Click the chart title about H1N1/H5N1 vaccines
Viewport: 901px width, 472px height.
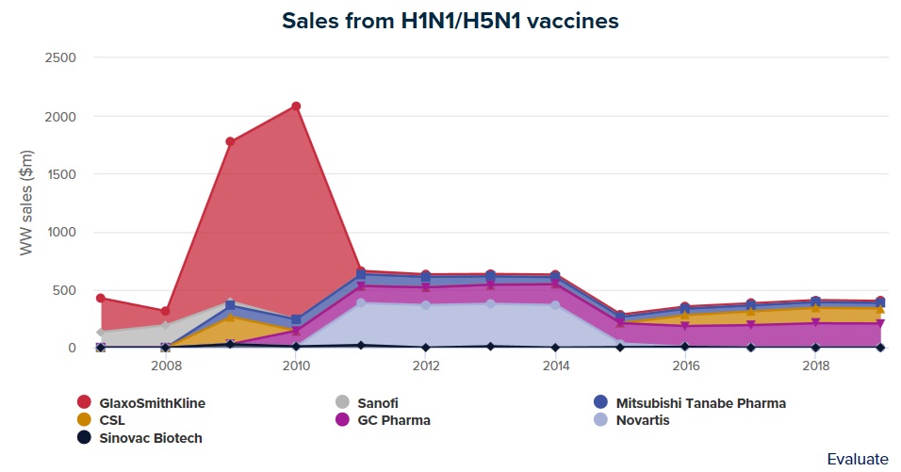click(x=450, y=20)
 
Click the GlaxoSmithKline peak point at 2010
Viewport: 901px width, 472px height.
click(x=296, y=106)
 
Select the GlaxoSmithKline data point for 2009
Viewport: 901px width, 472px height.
click(x=230, y=142)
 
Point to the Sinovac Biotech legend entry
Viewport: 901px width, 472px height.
click(x=151, y=437)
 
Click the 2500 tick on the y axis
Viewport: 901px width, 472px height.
click(x=60, y=58)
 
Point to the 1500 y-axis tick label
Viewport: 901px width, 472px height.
click(x=60, y=174)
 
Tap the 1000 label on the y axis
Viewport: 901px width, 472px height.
click(x=60, y=232)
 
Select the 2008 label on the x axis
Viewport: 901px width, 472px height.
click(x=166, y=366)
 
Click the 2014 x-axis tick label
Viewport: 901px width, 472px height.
click(x=556, y=366)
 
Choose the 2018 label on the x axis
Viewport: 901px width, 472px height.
click(x=816, y=366)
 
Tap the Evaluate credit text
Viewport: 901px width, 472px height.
click(x=857, y=459)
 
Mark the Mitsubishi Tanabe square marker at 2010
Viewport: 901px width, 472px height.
click(x=296, y=320)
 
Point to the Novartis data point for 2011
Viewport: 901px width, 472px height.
click(x=361, y=303)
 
